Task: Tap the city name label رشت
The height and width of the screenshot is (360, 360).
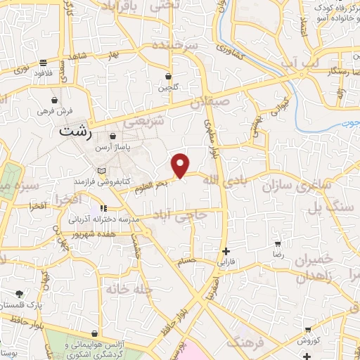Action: point(76,132)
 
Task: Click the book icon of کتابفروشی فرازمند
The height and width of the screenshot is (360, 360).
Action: point(103,171)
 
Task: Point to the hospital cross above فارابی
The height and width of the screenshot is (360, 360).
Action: point(225,251)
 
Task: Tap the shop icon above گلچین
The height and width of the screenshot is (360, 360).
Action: point(169,77)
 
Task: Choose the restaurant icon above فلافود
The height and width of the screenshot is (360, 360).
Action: point(44,62)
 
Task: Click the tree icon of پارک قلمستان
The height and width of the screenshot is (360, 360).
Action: point(19,294)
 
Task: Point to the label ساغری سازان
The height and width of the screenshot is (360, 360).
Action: point(287,186)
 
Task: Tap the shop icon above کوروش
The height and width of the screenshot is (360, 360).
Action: point(309,329)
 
